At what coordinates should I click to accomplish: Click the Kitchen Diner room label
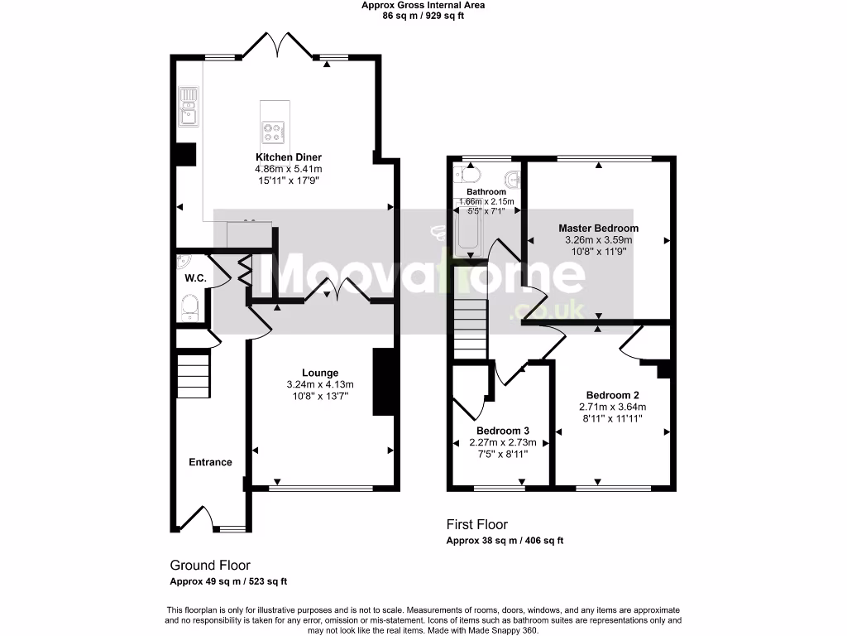point(288,157)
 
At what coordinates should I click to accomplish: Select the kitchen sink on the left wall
point(189,106)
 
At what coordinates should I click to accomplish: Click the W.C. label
point(195,278)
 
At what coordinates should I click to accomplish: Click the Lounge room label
point(319,373)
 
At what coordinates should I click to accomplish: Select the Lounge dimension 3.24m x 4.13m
point(319,384)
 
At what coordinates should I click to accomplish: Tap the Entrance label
point(210,462)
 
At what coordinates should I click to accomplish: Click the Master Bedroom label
point(598,229)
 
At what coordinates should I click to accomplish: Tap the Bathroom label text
point(486,192)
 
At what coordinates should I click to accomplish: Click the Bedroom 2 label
point(612,395)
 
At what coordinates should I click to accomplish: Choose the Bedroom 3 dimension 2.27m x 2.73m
point(502,442)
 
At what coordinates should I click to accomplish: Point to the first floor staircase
point(470,328)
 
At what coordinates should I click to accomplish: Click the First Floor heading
point(476,524)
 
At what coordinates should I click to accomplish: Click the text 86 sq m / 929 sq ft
point(423,16)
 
